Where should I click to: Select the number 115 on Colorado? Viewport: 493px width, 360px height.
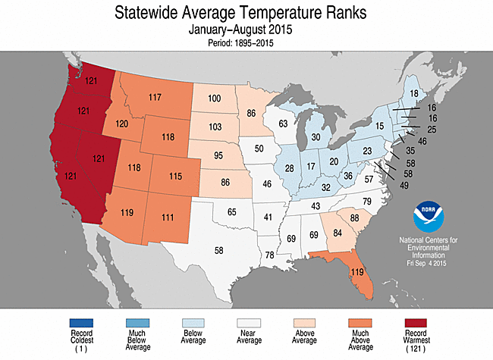176,176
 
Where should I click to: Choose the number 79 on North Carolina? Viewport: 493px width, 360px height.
367,201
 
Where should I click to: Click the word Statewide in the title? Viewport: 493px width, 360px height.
152,13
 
